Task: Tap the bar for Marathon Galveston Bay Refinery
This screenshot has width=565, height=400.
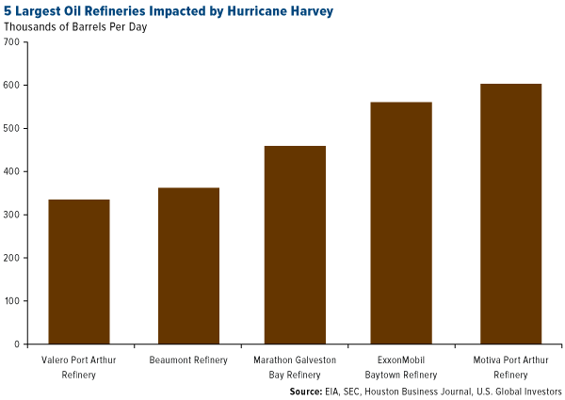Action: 295,245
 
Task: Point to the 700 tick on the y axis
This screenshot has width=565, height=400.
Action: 12,41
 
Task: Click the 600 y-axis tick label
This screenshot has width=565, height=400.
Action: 12,85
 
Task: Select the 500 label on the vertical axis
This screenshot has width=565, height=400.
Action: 12,128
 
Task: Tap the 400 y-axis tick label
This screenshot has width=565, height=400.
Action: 12,171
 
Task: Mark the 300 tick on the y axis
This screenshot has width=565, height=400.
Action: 12,215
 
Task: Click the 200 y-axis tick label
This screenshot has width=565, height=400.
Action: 12,258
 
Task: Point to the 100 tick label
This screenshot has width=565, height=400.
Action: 12,301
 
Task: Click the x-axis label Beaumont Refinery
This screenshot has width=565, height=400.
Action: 188,360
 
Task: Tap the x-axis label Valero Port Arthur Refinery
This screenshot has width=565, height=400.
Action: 79,366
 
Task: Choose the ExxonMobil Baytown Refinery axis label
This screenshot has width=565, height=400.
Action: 401,366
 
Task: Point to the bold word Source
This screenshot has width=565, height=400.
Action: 307,391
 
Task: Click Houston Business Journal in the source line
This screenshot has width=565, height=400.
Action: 412,391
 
